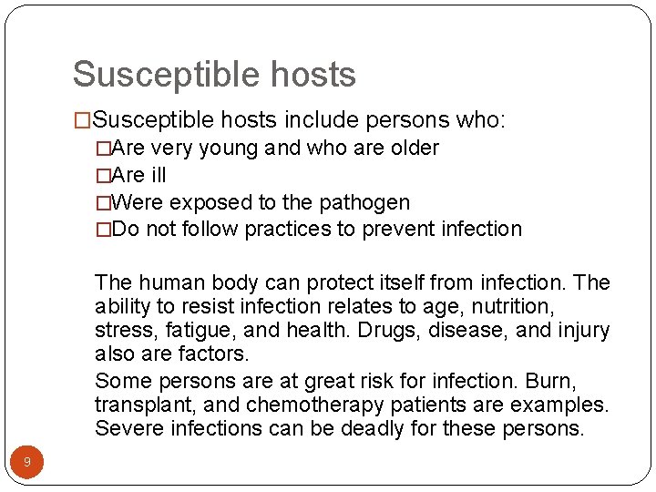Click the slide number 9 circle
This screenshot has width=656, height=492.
tap(27, 463)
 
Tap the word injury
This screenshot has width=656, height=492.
tap(580, 330)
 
